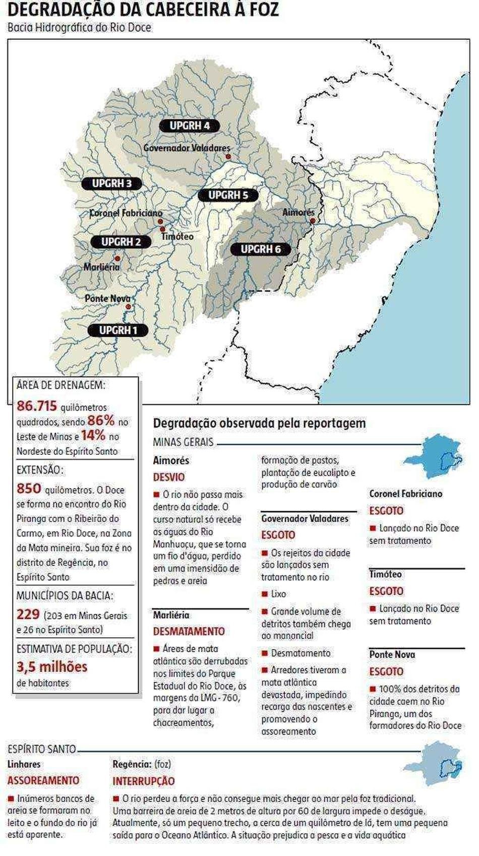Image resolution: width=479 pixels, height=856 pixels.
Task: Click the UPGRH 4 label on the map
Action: tap(190, 126)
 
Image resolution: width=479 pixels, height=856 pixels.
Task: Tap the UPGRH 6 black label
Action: tap(260, 249)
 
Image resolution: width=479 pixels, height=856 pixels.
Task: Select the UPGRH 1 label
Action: tap(118, 331)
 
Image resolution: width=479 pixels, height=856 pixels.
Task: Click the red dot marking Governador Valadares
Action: tap(228, 157)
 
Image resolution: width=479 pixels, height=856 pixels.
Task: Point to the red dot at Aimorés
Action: tap(313, 221)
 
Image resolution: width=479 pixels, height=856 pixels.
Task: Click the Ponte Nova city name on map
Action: tap(107, 298)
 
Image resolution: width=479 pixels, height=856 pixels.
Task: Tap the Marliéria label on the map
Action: tap(101, 266)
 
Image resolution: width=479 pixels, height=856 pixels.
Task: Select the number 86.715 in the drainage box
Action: tap(36, 406)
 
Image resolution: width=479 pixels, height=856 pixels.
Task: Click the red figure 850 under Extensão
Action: tap(29, 489)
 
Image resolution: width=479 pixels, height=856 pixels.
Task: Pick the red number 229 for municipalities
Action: tap(28, 614)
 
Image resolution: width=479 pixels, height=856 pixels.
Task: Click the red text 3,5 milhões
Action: tap(52, 667)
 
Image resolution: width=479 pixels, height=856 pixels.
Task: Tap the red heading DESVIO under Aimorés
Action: tap(169, 477)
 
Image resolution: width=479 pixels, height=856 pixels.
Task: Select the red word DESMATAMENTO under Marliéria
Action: tap(189, 631)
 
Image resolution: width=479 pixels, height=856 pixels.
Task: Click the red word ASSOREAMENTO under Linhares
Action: tap(43, 780)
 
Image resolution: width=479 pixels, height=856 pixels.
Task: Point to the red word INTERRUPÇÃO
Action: tap(143, 781)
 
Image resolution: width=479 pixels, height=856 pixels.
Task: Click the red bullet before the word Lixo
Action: tap(264, 594)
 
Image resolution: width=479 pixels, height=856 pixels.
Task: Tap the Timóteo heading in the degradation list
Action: tap(385, 574)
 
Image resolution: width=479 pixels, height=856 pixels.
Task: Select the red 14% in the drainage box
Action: tap(93, 435)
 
